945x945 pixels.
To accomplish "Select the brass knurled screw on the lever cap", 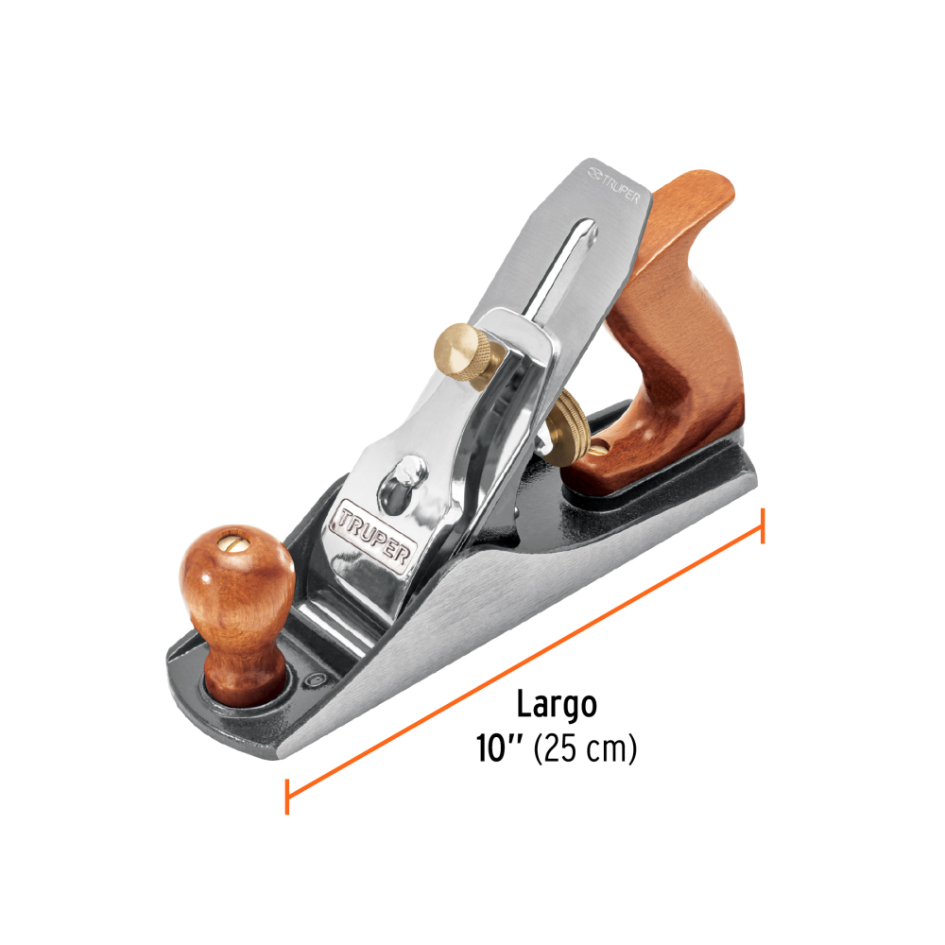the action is [x=465, y=352].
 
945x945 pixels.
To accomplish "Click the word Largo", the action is [x=557, y=705].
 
